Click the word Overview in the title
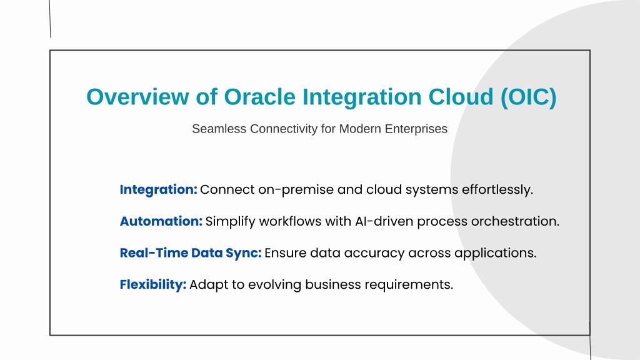137,97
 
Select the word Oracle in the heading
259,97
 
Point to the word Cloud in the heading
461,97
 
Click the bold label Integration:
158,190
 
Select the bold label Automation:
161,221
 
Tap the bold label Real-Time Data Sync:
191,253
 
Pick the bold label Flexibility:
153,284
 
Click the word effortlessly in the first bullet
497,190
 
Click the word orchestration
515,221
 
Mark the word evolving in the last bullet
275,285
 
